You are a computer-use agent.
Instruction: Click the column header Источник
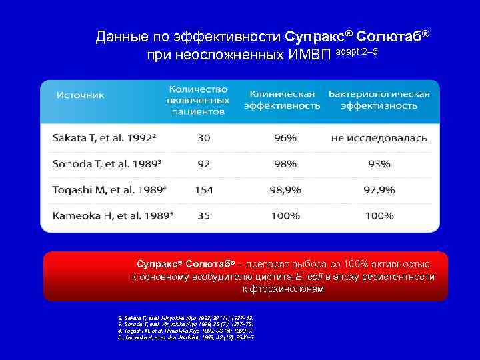[81, 95]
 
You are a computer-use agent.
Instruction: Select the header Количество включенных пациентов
[198, 100]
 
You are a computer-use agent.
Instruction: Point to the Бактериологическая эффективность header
[379, 100]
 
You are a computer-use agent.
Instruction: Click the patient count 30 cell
[203, 139]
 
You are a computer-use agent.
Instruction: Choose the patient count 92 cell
[203, 165]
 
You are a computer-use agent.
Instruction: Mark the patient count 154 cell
[203, 190]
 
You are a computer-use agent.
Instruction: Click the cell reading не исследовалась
[379, 139]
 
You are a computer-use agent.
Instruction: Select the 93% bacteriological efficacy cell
[379, 165]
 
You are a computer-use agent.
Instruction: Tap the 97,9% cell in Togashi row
[379, 190]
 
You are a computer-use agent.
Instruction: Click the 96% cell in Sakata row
[285, 139]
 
